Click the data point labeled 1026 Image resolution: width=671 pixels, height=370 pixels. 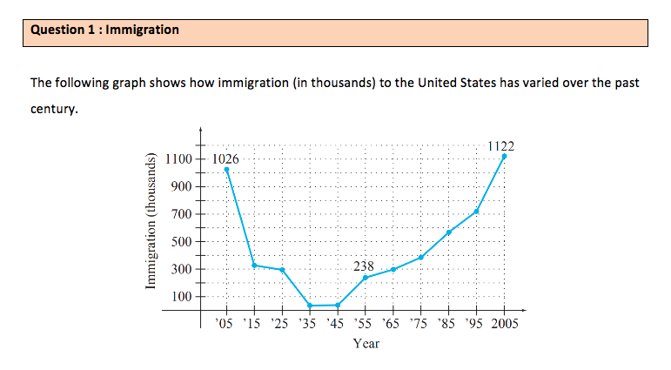pyautogui.click(x=227, y=169)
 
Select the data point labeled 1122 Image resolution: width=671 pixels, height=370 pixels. pyautogui.click(x=504, y=157)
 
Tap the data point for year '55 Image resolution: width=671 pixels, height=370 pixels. pyautogui.click(x=366, y=278)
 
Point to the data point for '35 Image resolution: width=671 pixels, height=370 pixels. pyautogui.click(x=310, y=306)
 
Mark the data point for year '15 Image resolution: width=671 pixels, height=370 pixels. pyautogui.click(x=255, y=265)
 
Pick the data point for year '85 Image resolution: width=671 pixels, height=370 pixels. pyautogui.click(x=449, y=232)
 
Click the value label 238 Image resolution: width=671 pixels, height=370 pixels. pyautogui.click(x=364, y=264)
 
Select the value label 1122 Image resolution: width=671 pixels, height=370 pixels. pyautogui.click(x=502, y=145)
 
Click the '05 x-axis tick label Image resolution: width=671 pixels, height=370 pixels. pyautogui.click(x=227, y=325)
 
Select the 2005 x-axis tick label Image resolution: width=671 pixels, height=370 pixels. pyautogui.click(x=504, y=325)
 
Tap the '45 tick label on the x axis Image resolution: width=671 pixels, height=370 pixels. pyautogui.click(x=338, y=325)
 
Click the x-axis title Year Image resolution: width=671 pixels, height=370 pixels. pyautogui.click(x=366, y=343)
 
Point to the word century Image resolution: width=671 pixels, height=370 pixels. pyautogui.click(x=54, y=111)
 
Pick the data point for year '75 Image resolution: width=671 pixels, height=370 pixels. pyautogui.click(x=420, y=257)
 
